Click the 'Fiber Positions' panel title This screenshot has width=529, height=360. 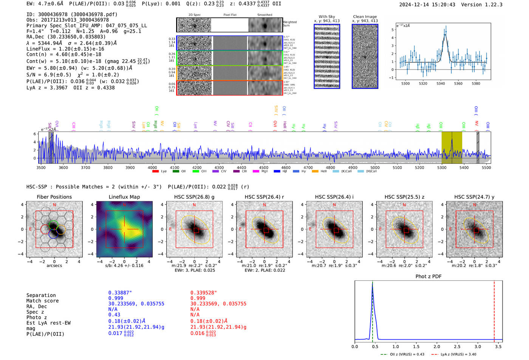click(x=54, y=197)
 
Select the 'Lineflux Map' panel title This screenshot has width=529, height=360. click(x=124, y=197)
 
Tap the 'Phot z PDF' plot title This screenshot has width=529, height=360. click(x=428, y=277)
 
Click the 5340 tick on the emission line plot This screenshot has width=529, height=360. click(x=441, y=83)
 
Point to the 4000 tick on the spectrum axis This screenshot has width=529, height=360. click(x=152, y=167)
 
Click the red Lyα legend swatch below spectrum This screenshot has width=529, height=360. click(x=155, y=172)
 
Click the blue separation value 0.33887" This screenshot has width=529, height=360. click(x=120, y=293)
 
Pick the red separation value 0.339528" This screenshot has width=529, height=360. click(x=204, y=293)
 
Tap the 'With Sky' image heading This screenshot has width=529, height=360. click(x=327, y=17)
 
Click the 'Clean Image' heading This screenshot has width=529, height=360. click(x=365, y=17)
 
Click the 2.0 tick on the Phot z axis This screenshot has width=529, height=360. click(x=437, y=346)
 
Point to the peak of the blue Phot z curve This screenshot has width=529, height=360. click(x=372, y=284)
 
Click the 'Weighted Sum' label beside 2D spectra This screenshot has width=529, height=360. click(x=290, y=23)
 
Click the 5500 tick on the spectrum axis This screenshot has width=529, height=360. click(x=486, y=167)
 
